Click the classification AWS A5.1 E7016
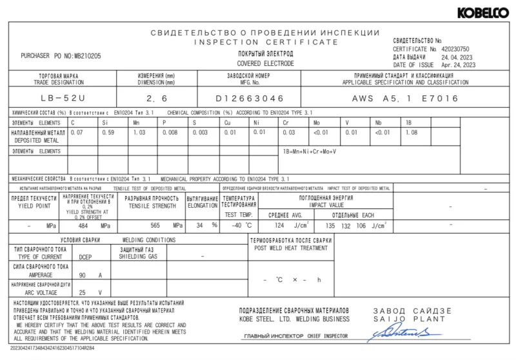[405, 99]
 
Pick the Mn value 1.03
[139, 132]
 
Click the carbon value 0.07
[77, 132]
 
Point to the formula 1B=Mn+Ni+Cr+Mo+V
[310, 151]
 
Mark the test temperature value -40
[237, 226]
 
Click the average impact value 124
[279, 226]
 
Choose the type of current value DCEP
[84, 256]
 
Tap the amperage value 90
[82, 275]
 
